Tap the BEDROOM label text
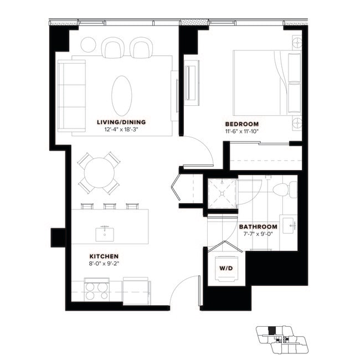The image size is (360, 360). pos(242,124)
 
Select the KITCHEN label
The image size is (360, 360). pos(104,256)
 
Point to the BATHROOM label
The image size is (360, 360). pos(258,227)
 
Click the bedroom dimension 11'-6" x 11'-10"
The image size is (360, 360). pos(242,132)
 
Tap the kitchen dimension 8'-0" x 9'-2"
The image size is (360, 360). pos(104,264)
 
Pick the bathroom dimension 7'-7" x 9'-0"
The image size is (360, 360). pos(258,235)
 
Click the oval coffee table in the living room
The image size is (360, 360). pos(122,95)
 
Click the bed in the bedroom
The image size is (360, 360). pos(266,81)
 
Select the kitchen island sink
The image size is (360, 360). pos(104,234)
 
